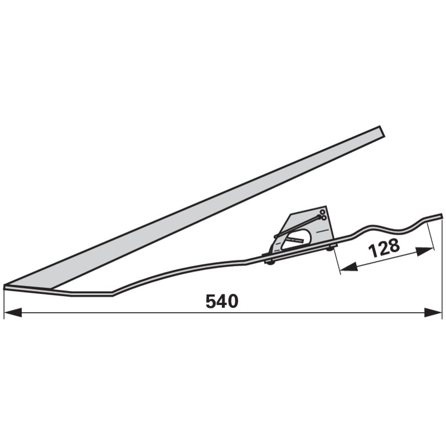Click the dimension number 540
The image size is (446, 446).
(222, 302)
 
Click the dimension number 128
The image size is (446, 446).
(384, 248)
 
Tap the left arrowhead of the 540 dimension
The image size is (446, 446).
(13, 312)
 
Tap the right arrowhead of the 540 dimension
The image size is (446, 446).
(433, 312)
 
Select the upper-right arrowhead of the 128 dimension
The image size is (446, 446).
(425, 251)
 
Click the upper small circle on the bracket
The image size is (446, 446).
(322, 212)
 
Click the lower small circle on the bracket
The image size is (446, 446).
(324, 218)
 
